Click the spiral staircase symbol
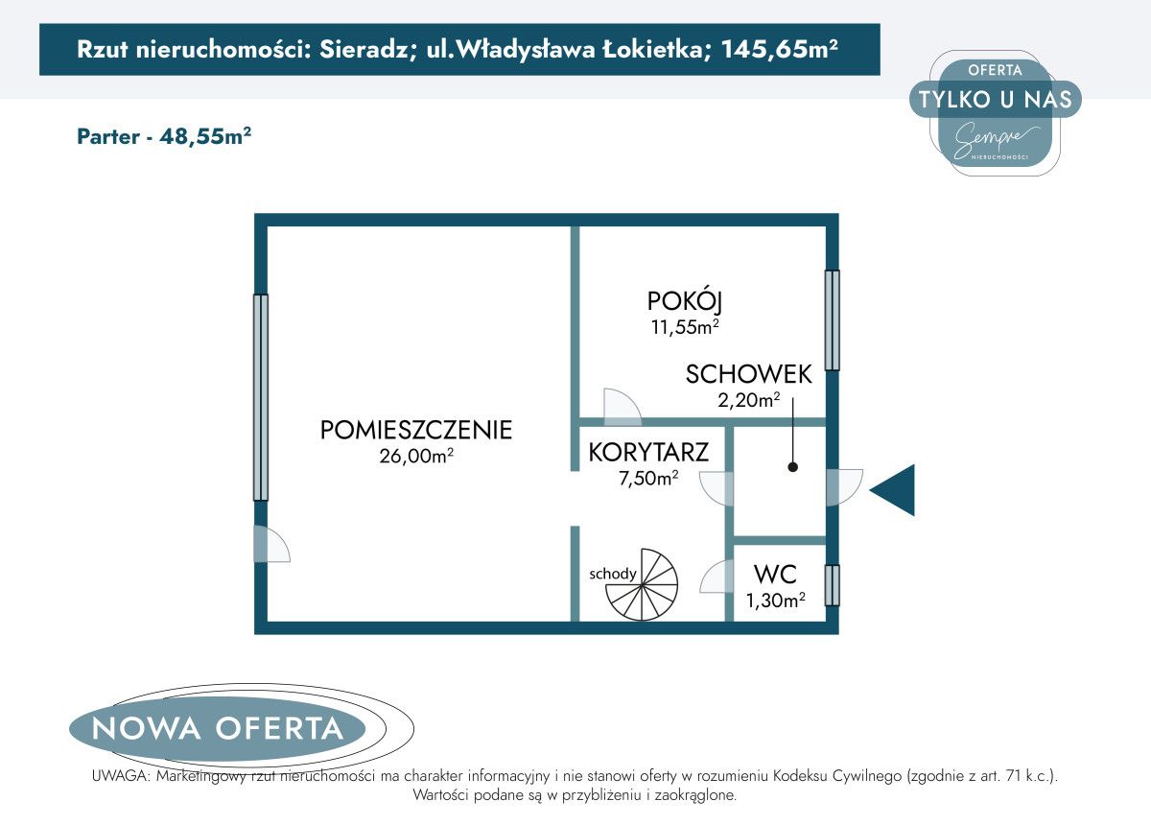(642, 584)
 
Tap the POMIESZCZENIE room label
(416, 430)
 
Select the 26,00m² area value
(416, 456)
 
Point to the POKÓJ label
(685, 302)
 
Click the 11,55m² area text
(685, 327)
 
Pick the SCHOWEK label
(749, 374)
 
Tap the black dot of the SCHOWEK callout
(793, 467)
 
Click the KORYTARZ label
(648, 453)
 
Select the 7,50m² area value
(648, 478)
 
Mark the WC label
(775, 575)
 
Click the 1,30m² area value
(775, 600)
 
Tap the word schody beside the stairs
(613, 574)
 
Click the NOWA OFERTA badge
(218, 728)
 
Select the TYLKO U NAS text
(996, 99)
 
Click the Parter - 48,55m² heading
(164, 137)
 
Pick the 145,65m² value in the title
(780, 49)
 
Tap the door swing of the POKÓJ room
(622, 407)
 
